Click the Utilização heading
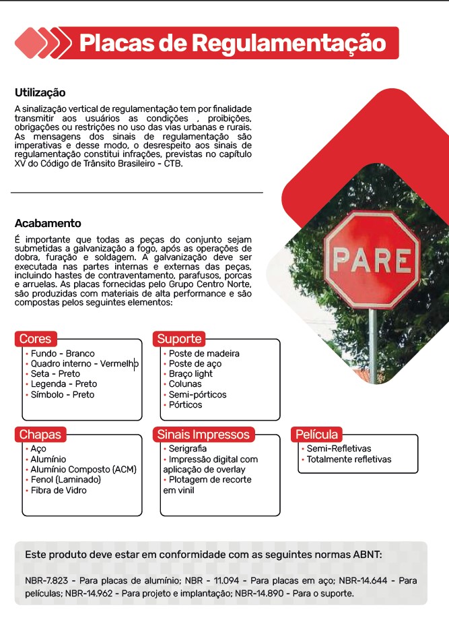(x=40, y=93)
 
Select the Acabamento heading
(x=48, y=223)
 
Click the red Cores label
(x=35, y=338)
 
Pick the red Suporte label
(x=179, y=338)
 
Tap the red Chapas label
(x=40, y=435)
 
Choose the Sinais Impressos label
(x=203, y=435)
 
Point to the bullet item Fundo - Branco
(x=63, y=353)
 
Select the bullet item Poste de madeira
(x=203, y=353)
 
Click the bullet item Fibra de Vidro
(x=59, y=490)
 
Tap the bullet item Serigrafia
(x=188, y=448)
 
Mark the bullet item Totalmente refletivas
(x=349, y=460)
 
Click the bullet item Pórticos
(x=185, y=404)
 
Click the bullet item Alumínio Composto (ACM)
(x=83, y=469)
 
